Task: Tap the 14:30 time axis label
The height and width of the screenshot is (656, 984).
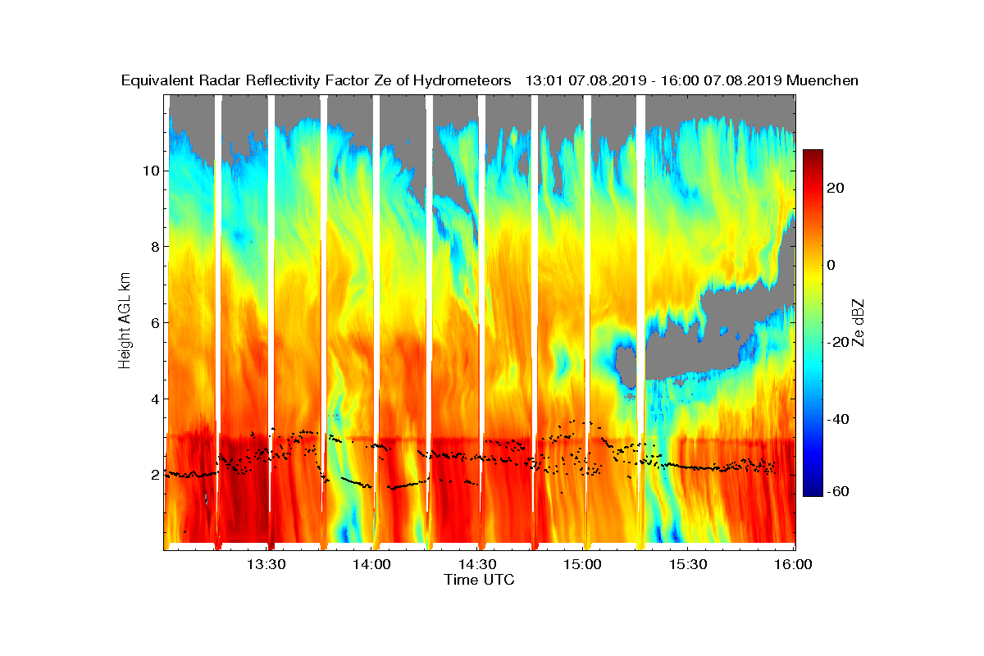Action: point(477,564)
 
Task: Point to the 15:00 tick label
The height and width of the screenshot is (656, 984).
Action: point(583,564)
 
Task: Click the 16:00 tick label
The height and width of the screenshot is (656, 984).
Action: point(793,564)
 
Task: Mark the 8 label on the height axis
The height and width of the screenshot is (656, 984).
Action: point(153,247)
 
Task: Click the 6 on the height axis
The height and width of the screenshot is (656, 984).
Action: point(153,323)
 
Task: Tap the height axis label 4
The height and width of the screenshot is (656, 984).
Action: point(153,399)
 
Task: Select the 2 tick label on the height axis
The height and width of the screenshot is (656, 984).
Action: point(153,475)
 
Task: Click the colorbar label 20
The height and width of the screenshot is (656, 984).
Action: point(836,189)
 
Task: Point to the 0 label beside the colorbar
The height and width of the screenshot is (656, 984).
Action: point(831,265)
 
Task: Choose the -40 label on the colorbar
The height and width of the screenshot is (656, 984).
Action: point(839,420)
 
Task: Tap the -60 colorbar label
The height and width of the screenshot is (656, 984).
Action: point(839,491)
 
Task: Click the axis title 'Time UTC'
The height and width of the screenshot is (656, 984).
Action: point(480,580)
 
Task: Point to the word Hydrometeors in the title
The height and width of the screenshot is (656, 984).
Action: point(462,81)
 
